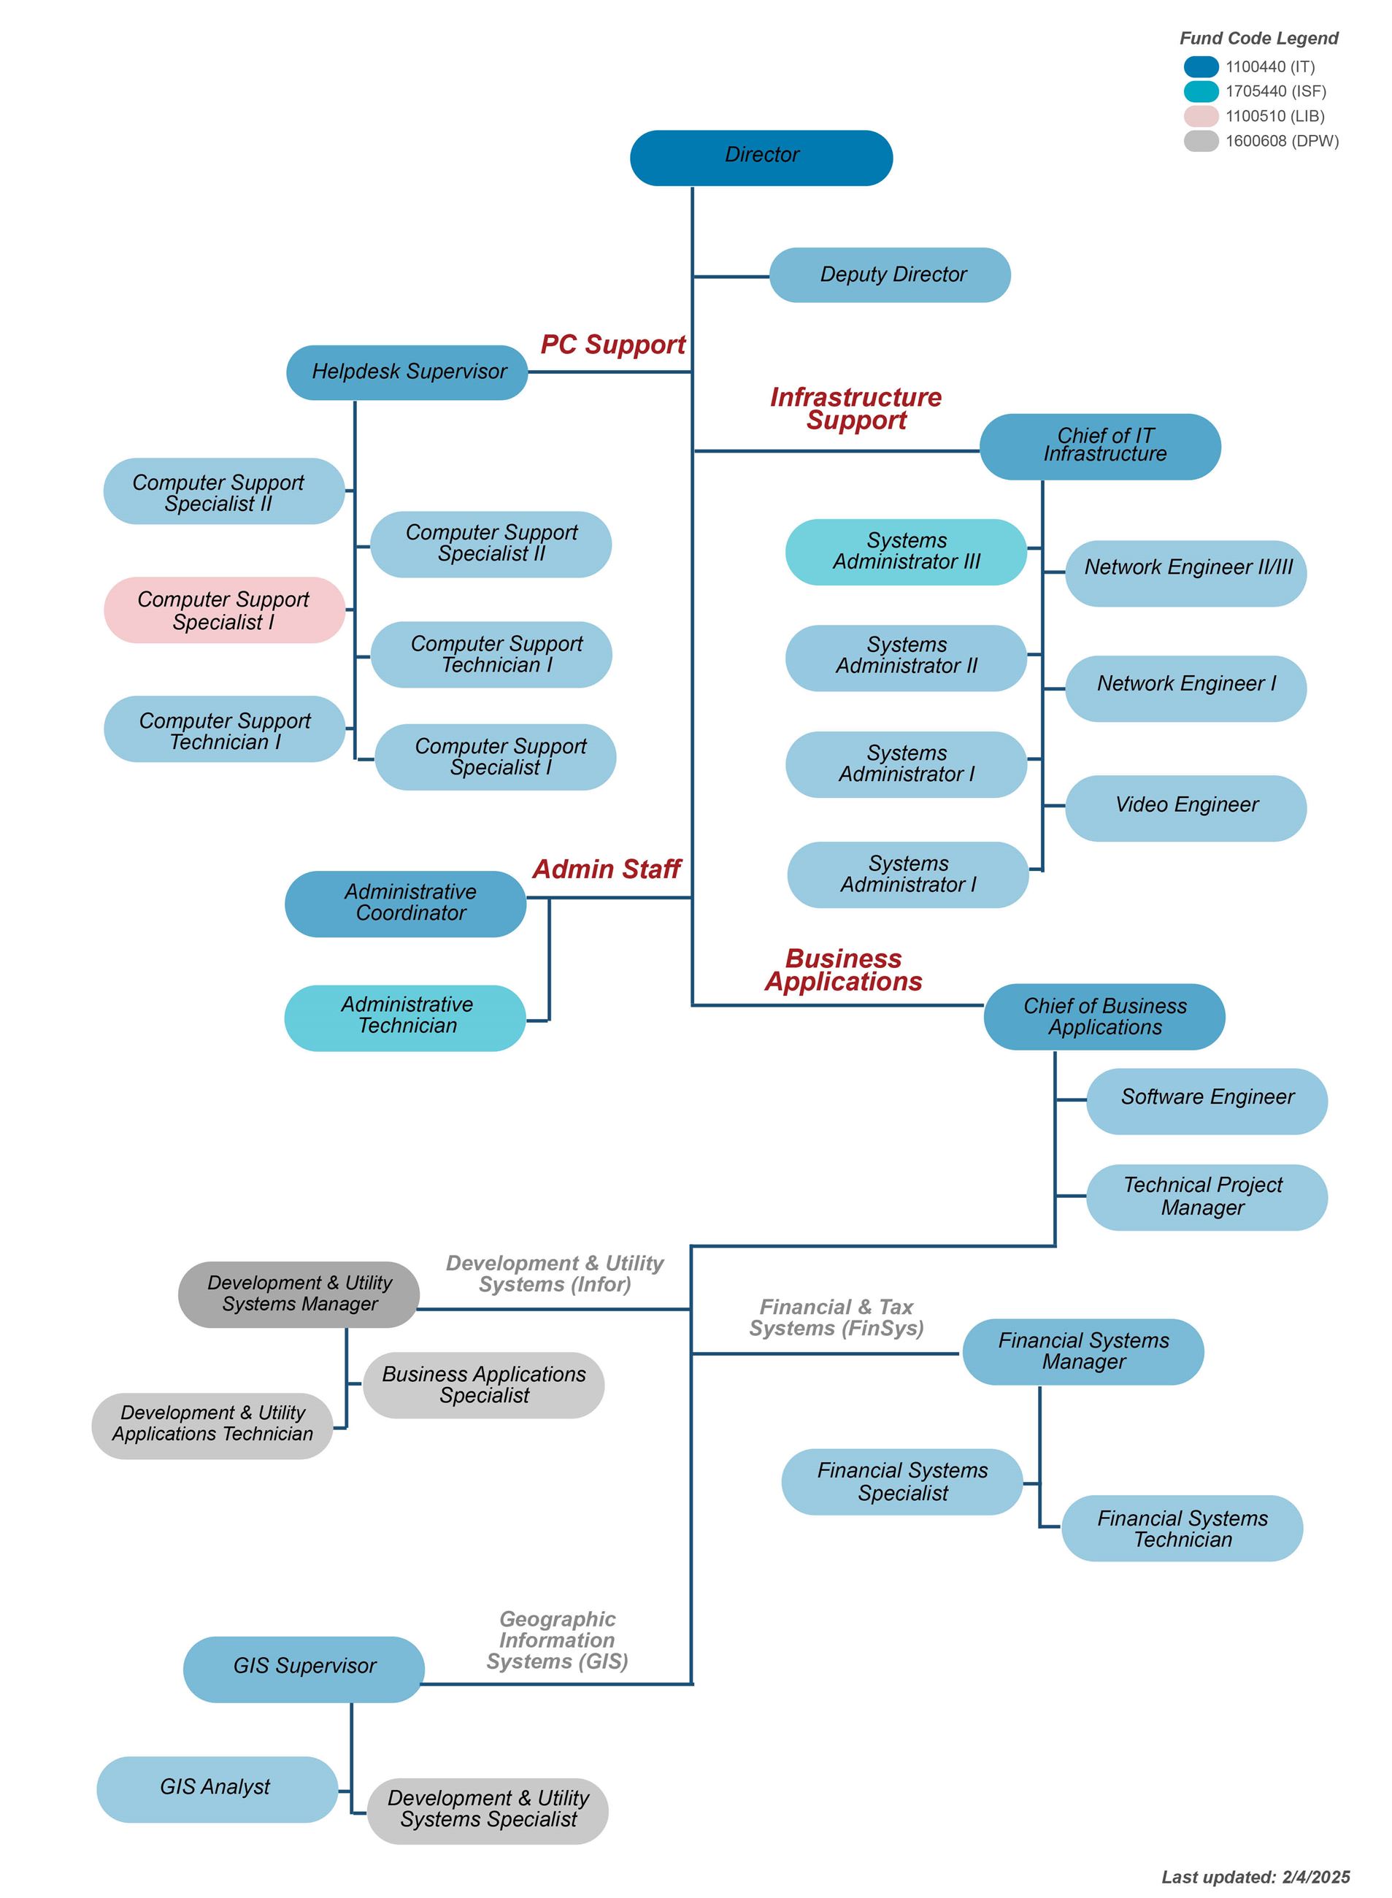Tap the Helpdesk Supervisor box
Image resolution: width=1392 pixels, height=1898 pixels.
407,372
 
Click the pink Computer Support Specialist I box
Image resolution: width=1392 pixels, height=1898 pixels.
224,610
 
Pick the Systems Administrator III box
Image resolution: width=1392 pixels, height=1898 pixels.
906,552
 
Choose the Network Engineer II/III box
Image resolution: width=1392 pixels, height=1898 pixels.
1185,573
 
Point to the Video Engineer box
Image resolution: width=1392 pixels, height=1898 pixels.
1185,808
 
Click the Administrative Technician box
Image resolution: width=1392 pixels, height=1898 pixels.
405,1018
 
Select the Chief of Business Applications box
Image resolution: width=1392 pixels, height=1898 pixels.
1104,1017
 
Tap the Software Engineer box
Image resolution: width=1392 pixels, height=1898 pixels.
1207,1101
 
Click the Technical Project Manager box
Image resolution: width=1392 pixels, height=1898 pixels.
1207,1197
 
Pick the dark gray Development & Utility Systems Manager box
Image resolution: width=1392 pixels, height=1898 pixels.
299,1294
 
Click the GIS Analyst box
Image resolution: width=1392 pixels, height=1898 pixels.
217,1789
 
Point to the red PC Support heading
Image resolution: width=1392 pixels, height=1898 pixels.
612,345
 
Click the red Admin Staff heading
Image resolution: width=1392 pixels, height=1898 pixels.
606,869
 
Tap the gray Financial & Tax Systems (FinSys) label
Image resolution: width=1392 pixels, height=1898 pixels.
836,1318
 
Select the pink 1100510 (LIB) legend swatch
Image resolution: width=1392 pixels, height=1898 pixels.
1201,116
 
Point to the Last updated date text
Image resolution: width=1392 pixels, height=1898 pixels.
1255,1877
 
